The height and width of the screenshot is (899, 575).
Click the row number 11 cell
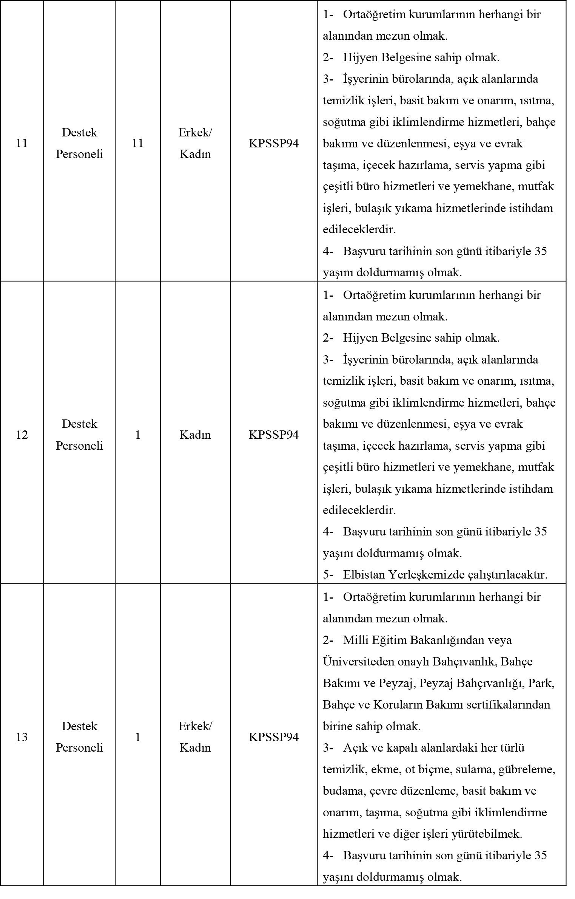coord(22,143)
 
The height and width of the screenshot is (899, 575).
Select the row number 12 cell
coord(22,435)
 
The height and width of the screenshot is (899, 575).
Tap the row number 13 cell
coord(22,737)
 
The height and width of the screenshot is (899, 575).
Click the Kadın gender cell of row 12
coord(195,435)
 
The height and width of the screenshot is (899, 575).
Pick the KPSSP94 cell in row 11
coord(273,143)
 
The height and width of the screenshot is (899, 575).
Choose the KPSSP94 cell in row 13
coord(273,737)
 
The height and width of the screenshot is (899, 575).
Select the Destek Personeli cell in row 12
coord(79,435)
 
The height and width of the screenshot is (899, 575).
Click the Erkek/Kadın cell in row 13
coord(195,737)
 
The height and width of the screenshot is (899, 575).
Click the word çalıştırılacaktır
coord(507,575)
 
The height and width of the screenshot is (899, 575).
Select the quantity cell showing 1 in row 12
coord(138,435)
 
